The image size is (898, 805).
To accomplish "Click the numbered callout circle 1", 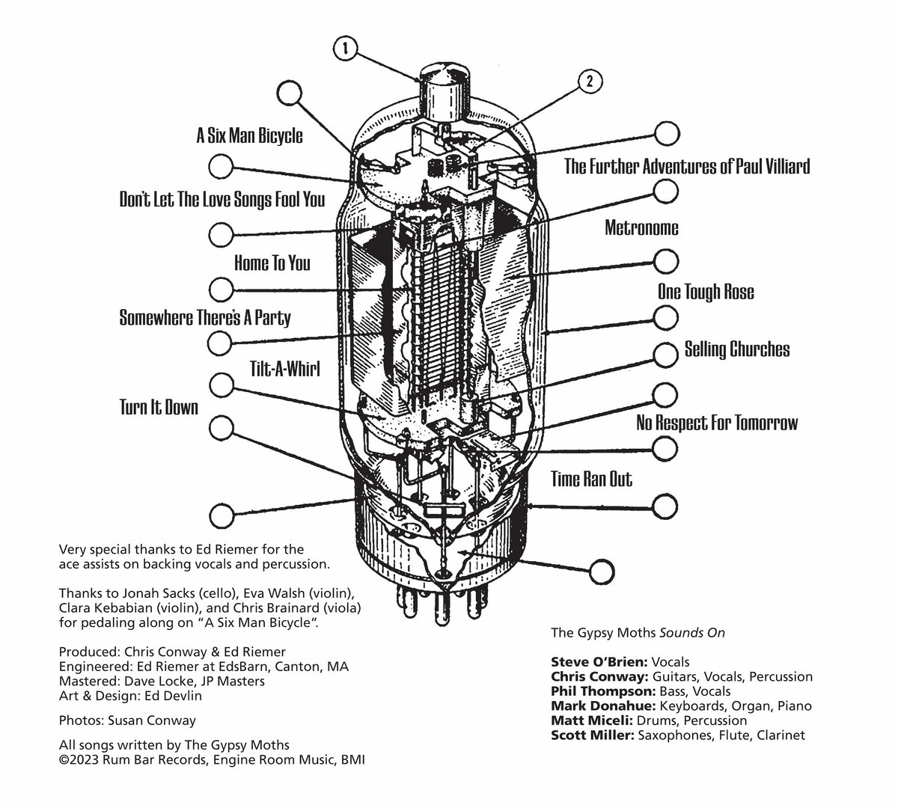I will point(345,50).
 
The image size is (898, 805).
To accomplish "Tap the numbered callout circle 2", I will point(590,81).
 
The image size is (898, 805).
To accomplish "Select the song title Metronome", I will point(641,227).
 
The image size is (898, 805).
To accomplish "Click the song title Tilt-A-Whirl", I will point(285,369).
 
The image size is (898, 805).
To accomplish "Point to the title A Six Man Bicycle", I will point(249,135).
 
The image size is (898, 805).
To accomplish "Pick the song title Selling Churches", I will point(736,349).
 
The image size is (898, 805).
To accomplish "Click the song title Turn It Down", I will point(159,407).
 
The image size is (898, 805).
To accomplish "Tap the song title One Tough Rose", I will point(706,291).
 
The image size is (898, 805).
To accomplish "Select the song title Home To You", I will point(272,263).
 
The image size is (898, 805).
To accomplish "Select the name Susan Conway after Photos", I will point(145,720).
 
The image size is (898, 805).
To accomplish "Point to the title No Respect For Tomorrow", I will point(716,423).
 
